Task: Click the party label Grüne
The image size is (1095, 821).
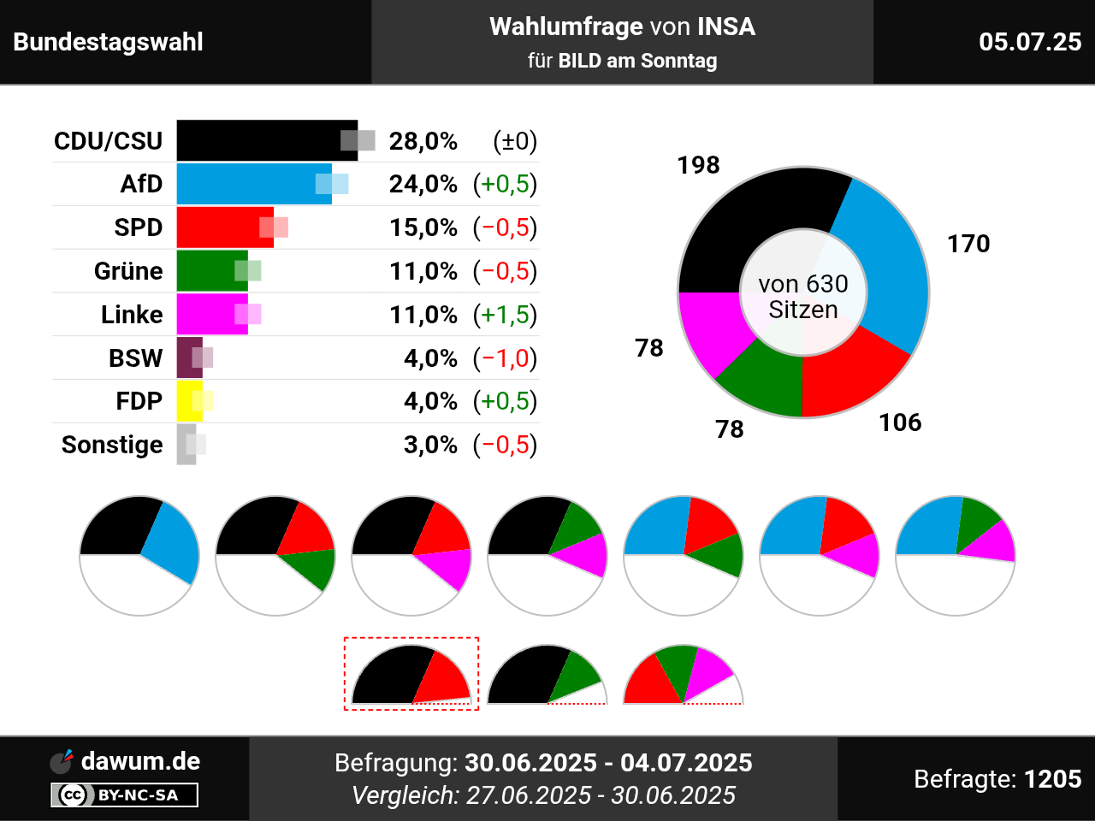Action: pyautogui.click(x=128, y=271)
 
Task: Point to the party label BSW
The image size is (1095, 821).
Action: pyautogui.click(x=135, y=358)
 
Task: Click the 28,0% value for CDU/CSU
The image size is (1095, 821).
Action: pyautogui.click(x=423, y=141)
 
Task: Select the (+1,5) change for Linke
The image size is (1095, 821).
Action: pyautogui.click(x=505, y=315)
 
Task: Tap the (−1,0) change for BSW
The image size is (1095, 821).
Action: pyautogui.click(x=505, y=358)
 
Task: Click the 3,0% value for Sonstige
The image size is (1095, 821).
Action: pyautogui.click(x=430, y=445)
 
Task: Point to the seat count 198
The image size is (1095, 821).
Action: pyautogui.click(x=698, y=165)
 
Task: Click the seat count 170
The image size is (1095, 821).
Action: pyautogui.click(x=968, y=244)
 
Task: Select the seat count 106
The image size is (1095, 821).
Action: pyautogui.click(x=900, y=422)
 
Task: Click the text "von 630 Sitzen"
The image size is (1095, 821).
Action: pyautogui.click(x=802, y=297)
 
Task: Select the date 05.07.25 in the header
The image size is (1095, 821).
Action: pyautogui.click(x=1030, y=42)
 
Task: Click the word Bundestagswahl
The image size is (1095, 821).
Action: pyautogui.click(x=109, y=42)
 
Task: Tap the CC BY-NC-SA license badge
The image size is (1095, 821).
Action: pyautogui.click(x=125, y=795)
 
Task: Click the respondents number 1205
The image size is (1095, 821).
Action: pyautogui.click(x=1052, y=779)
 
